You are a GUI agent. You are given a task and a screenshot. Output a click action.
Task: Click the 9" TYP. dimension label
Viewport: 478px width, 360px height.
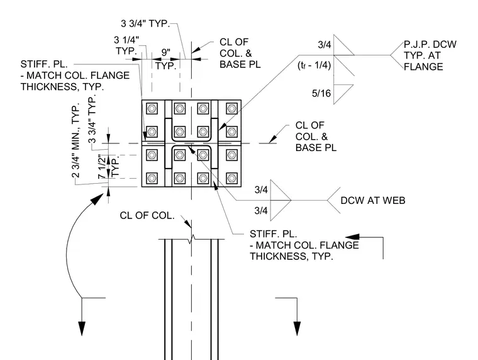[165, 59]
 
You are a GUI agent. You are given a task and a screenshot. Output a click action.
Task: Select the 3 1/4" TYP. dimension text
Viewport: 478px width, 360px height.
[126, 45]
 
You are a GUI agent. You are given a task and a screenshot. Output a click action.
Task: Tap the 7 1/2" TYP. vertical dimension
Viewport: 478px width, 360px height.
[108, 166]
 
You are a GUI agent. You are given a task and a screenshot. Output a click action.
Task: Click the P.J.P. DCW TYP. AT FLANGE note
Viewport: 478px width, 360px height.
[430, 55]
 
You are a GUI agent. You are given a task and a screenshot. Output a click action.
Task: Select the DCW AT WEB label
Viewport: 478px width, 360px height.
[373, 200]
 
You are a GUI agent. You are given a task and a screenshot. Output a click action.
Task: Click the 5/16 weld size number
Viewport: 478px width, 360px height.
[321, 93]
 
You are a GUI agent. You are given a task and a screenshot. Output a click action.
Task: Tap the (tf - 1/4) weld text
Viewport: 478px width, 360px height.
[314, 65]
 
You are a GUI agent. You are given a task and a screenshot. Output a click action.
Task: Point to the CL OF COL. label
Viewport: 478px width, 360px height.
[147, 215]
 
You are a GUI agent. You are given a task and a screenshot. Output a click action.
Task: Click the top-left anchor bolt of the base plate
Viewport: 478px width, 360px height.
[152, 108]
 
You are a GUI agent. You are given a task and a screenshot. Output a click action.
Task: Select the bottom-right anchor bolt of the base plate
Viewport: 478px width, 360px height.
[231, 178]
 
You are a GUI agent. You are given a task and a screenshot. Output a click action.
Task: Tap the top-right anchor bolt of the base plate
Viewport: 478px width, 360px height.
[231, 108]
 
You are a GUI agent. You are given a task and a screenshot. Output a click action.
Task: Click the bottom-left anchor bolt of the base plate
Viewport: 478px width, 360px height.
[152, 178]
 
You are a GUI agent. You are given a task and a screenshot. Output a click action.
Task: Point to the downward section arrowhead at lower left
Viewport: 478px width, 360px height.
[82, 329]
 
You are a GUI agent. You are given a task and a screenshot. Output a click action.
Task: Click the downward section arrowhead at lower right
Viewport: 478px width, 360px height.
[297, 329]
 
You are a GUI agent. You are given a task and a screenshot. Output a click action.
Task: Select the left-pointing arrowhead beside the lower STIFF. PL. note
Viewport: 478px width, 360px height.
[352, 237]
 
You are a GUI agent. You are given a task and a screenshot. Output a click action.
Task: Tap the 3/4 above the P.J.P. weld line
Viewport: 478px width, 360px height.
[325, 45]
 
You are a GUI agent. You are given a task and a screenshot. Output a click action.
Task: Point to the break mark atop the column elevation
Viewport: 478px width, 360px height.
[191, 239]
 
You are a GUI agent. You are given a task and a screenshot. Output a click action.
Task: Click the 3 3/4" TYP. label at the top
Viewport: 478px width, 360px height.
[145, 23]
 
